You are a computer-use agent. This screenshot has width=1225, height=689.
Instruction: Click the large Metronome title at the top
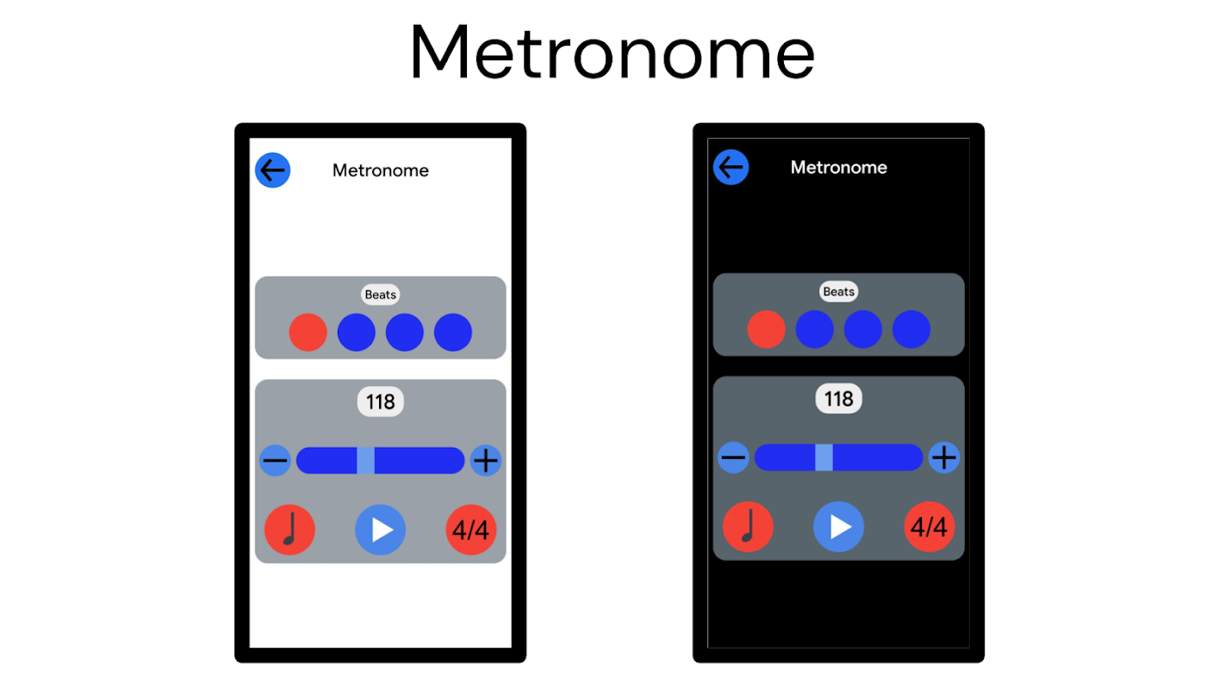[x=612, y=53]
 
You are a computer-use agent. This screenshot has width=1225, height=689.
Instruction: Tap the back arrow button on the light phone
[x=272, y=170]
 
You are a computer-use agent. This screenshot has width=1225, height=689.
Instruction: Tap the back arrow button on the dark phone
[x=731, y=167]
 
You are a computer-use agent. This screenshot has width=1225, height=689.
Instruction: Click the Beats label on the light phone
[x=380, y=295]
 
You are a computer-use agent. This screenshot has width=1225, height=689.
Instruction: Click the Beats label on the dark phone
[x=838, y=291]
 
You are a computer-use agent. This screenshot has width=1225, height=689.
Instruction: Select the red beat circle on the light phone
[x=308, y=332]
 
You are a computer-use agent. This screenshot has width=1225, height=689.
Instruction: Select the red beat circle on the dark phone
[x=766, y=329]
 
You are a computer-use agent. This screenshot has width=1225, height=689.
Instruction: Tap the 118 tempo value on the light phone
[x=380, y=402]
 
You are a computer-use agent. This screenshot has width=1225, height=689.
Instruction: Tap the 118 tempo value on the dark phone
[x=838, y=399]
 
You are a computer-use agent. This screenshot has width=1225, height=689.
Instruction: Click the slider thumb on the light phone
[x=365, y=461]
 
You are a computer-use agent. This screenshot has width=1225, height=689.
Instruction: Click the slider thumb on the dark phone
[x=824, y=457]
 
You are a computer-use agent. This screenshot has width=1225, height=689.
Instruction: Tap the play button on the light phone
[x=380, y=530]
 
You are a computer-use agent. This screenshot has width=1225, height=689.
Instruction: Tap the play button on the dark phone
[x=838, y=526]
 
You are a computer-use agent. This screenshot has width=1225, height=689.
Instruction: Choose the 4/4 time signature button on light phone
[x=471, y=530]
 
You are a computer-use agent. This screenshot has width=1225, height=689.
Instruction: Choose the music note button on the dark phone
[x=748, y=526]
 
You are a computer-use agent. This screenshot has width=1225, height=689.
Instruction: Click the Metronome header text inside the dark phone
[x=838, y=167]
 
